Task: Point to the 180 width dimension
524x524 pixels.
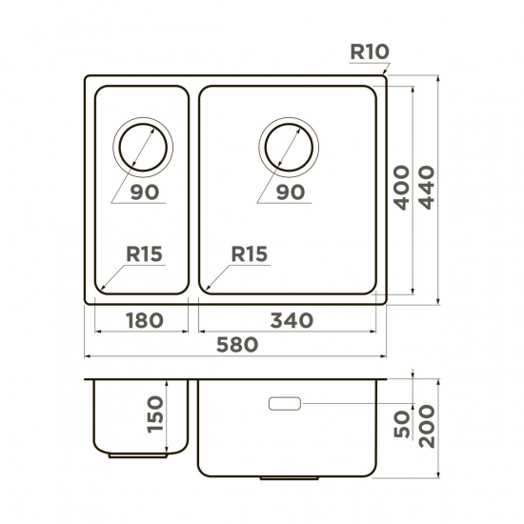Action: (143, 320)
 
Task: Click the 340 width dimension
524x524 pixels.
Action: (292, 320)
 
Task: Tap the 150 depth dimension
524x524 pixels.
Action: (157, 415)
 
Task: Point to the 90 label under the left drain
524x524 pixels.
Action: (144, 192)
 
